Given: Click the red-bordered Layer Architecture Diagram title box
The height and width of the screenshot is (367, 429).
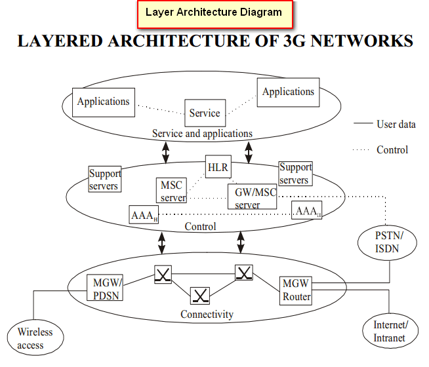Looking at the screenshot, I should pos(214,12).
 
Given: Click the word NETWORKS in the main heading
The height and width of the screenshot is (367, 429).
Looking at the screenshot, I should pos(352,41).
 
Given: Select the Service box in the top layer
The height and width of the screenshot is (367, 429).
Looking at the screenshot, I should pos(205,113).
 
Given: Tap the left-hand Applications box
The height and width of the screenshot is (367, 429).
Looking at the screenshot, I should pos(103,102).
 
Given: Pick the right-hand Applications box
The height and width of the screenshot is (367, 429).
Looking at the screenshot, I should pos(288,92).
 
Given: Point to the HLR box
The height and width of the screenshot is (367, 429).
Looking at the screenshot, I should pos(217,168).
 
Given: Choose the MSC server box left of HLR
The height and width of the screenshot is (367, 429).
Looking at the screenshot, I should pos(171,191).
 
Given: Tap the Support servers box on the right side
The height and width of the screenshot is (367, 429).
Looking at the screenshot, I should pos(295,174).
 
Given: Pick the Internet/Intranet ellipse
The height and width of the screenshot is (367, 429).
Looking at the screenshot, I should pos(390,331).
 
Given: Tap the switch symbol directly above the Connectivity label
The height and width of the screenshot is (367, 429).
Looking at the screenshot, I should pos(200,296).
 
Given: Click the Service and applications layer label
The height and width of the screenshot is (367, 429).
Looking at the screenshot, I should pos(202,134).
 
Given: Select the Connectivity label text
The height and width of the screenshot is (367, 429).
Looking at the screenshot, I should pos(207,315).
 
